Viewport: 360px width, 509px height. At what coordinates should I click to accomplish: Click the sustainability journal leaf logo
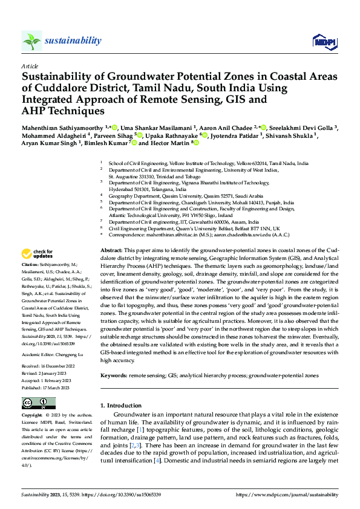click(x=32, y=41)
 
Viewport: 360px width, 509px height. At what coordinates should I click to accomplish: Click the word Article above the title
click(x=29, y=66)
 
